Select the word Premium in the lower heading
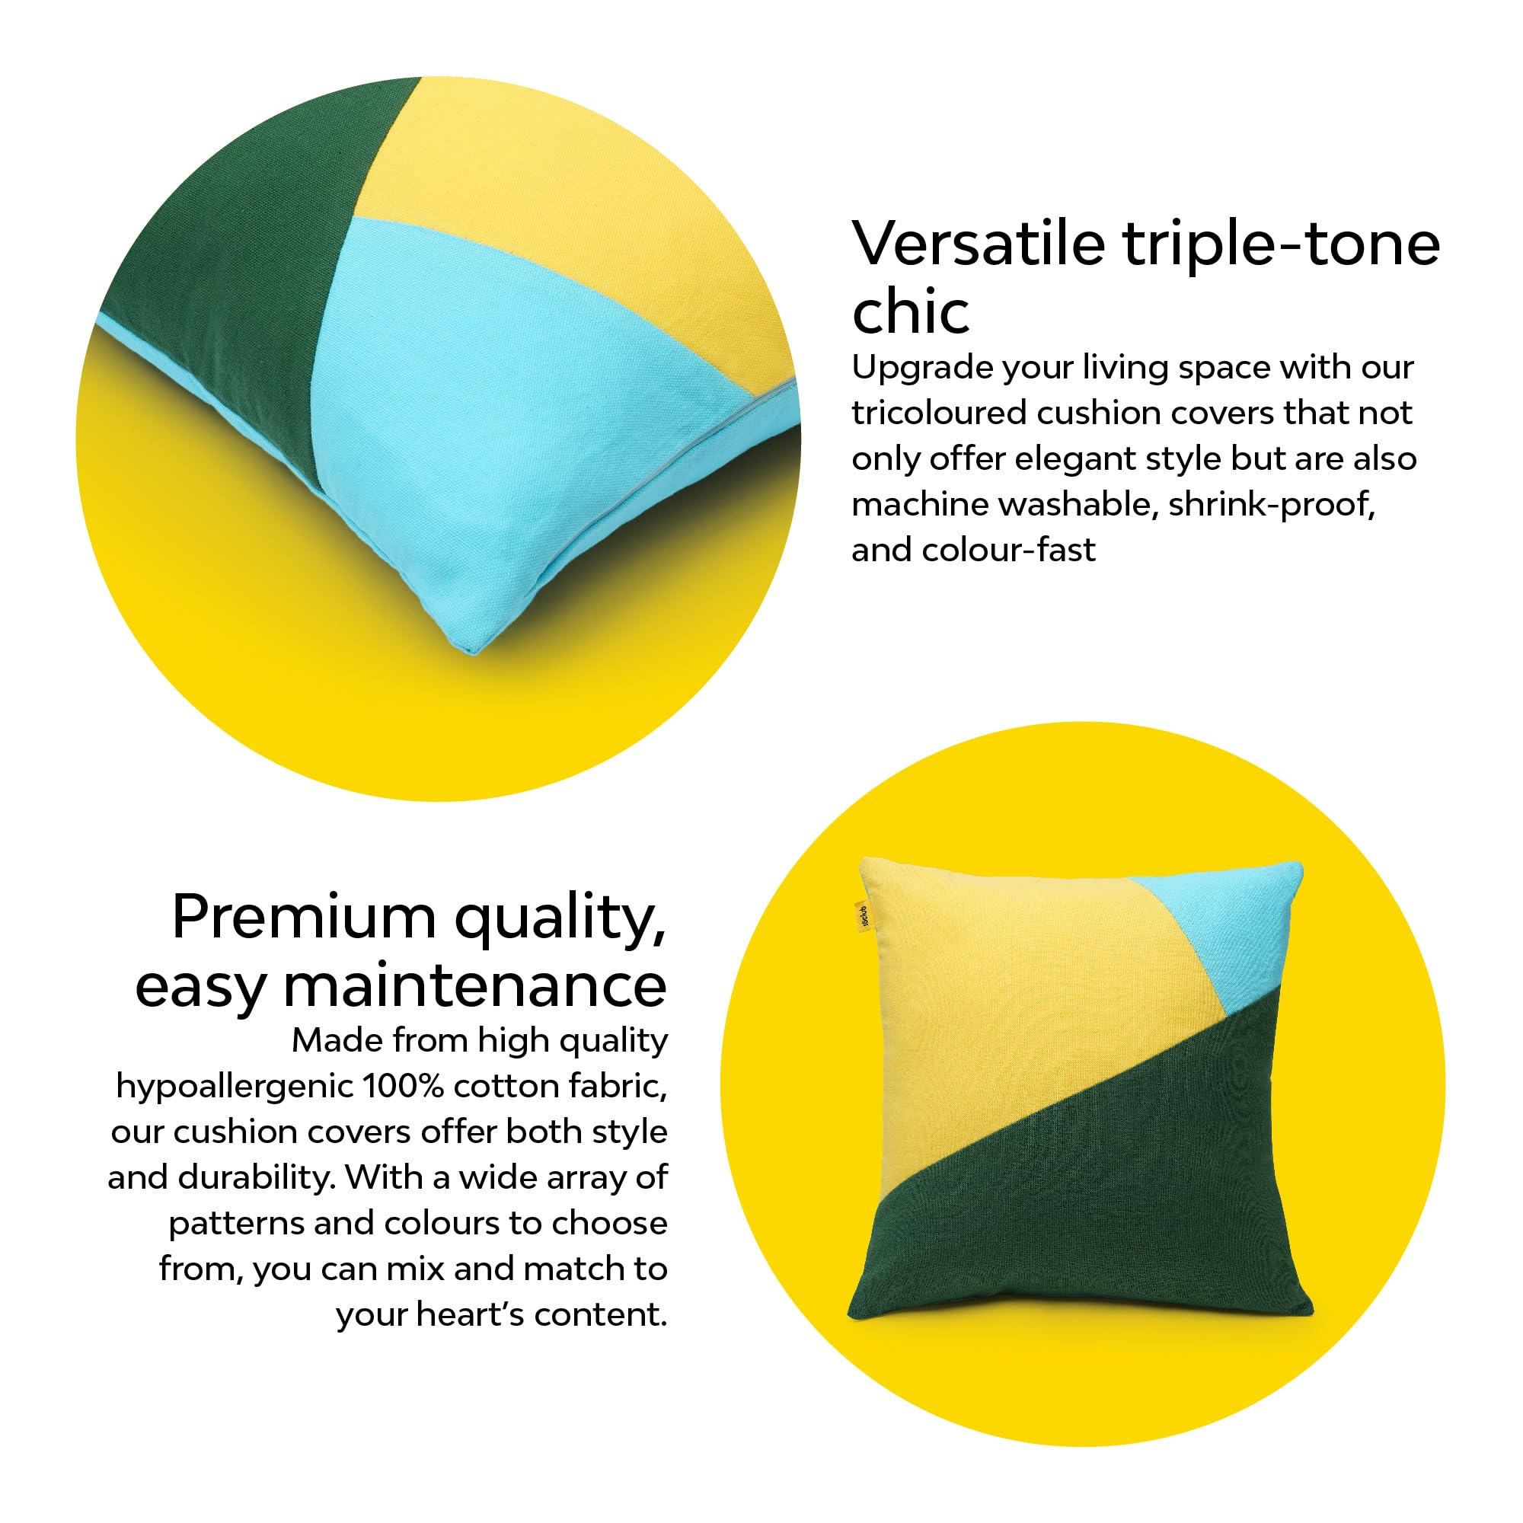point(304,918)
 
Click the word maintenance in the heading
point(474,987)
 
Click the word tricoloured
point(938,413)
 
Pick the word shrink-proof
point(1271,505)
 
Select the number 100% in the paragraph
point(403,1087)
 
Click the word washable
point(1076,505)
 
